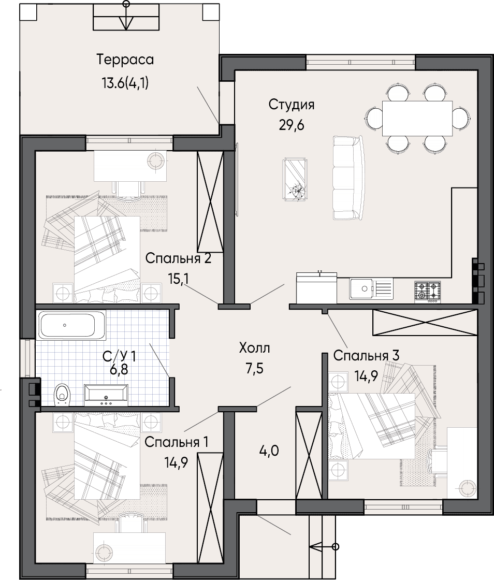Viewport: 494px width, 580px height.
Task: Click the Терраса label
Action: point(125,60)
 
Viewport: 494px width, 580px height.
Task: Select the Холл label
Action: point(255,348)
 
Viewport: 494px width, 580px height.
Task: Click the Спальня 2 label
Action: point(178,258)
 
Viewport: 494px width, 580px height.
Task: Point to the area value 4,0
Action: point(269,451)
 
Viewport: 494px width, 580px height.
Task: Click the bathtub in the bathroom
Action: point(71,325)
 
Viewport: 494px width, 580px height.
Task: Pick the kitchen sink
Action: point(371,289)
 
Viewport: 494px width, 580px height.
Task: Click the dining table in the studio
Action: point(417,119)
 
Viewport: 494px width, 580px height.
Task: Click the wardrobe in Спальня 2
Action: point(210,202)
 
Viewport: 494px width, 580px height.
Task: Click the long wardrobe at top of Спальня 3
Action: point(425,323)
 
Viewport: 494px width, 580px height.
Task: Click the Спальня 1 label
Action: point(177,442)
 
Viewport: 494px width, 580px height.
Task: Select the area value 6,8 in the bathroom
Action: point(119,369)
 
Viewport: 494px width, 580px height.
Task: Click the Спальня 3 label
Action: point(366,355)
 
